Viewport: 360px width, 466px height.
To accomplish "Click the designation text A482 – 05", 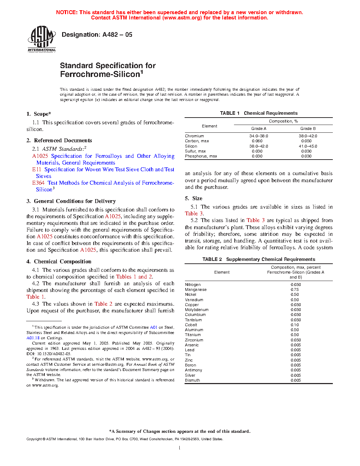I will click(117, 35).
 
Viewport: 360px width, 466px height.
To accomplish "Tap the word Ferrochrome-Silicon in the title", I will click(100, 74).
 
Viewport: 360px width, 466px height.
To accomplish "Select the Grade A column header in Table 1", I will click(259, 129).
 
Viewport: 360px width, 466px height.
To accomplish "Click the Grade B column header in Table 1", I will click(308, 129).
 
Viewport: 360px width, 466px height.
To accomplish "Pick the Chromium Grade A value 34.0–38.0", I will click(259, 136).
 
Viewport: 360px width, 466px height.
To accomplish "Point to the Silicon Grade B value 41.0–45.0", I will click(308, 146).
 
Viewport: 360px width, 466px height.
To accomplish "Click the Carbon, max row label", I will click(197, 141).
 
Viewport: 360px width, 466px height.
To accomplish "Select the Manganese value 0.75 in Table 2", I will click(295, 289).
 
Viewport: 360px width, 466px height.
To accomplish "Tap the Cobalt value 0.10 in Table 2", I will click(295, 325).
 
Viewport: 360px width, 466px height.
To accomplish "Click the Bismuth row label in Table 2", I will click(192, 380).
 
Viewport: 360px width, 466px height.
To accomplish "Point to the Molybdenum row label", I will click(197, 310).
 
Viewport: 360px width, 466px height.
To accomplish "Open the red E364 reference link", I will click(38, 183).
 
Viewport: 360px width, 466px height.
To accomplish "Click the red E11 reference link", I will click(36, 169).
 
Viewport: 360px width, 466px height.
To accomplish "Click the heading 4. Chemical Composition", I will click(59, 262).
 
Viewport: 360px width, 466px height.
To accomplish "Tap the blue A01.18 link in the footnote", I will click(33, 338).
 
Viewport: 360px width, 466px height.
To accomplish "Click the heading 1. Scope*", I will click(39, 114).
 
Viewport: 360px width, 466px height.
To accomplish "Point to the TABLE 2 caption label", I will click(212, 259).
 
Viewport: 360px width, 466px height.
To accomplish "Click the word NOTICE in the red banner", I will click(67, 12).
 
